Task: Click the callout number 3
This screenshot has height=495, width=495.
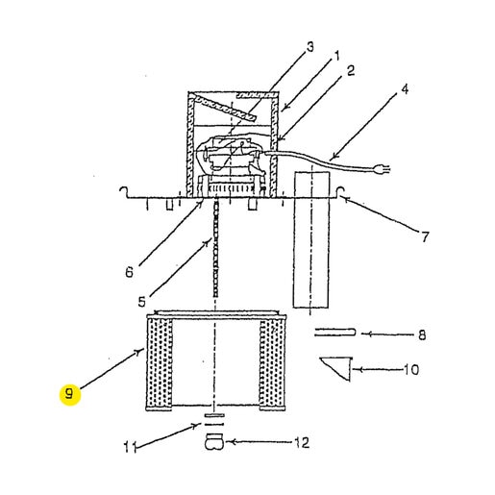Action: [x=309, y=47]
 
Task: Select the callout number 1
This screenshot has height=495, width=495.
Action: [x=336, y=57]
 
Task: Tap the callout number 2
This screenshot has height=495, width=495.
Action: [x=351, y=71]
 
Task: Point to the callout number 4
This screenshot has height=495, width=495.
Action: [x=405, y=89]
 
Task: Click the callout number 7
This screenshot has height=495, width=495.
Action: [x=425, y=237]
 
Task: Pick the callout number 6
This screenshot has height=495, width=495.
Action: [x=129, y=272]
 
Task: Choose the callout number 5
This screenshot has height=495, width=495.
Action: [x=141, y=302]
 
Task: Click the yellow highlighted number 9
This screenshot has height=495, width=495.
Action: [x=70, y=394]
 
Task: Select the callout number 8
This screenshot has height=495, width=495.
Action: [x=422, y=335]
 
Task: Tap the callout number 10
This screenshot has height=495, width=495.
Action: [x=411, y=370]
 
